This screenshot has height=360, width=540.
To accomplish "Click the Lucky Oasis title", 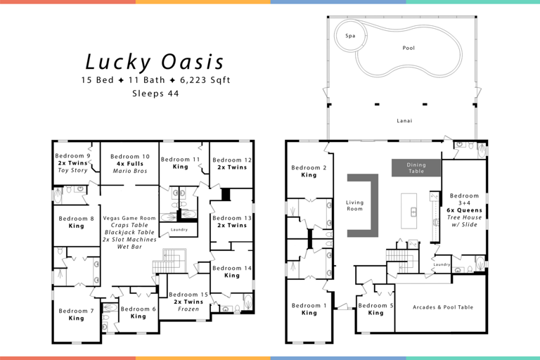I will click(155, 62).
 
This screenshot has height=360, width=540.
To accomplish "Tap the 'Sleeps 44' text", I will click(155, 93).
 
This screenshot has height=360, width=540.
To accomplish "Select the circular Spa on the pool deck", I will click(349, 35).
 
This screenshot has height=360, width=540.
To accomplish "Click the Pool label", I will click(408, 49).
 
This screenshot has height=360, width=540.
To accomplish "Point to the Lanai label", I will click(404, 121).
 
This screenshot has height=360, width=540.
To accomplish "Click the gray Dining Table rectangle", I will click(416, 167).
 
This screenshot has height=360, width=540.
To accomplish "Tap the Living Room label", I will click(355, 205).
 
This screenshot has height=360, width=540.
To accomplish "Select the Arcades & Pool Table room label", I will click(442, 307).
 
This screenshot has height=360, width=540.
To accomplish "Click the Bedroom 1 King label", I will click(309, 309).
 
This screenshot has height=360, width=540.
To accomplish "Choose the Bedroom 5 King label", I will click(375, 309).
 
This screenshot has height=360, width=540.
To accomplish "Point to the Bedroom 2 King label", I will click(309, 171).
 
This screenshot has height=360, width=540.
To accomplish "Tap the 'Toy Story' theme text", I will click(73, 170).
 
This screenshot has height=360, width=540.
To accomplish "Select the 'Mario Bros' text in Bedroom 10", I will click(130, 171).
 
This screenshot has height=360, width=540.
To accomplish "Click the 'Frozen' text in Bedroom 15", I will click(188, 309).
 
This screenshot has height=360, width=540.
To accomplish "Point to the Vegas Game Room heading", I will click(129, 218).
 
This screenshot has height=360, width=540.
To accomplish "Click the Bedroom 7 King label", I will click(76, 314).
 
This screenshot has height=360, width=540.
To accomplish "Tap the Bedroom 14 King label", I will click(231, 271).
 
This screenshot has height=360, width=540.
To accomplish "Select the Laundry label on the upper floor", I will click(179, 230).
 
